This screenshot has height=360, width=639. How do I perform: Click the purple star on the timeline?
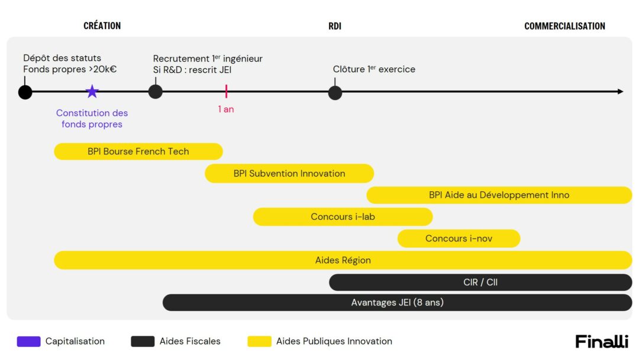point(92,91)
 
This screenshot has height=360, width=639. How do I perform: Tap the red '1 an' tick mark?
point(226,91)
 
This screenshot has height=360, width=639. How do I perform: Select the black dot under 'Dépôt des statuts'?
point(25,92)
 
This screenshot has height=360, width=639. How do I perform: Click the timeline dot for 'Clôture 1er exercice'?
point(335,93)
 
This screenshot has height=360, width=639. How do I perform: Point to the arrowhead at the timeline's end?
point(621,91)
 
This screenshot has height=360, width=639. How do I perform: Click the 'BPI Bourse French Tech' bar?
point(138,151)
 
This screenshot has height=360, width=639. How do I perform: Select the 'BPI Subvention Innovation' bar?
point(289,173)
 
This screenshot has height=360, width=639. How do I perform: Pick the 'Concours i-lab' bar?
point(343,217)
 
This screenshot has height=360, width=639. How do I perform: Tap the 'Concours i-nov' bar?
point(459,239)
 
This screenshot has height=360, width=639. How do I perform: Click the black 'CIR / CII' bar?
point(480,282)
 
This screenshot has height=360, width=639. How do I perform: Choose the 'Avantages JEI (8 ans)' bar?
point(398,303)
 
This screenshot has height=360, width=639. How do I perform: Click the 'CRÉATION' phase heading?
point(102,25)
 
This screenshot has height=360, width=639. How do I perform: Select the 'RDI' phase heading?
point(335,26)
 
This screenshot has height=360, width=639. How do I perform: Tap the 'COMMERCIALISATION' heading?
point(564,26)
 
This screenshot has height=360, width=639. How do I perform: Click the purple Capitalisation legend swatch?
point(28,341)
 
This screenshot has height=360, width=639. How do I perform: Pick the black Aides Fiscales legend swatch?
point(143,341)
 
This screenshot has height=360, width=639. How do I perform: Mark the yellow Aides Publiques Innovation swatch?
point(260,341)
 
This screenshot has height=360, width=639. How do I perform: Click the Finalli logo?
point(602,341)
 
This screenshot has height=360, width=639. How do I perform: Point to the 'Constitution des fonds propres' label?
point(92,118)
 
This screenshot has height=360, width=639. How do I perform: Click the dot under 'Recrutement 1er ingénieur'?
point(155,92)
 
